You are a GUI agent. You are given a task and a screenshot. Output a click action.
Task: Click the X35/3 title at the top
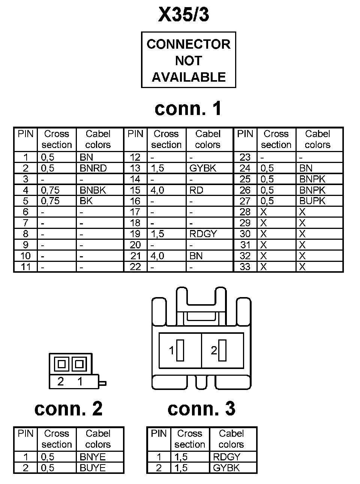183,15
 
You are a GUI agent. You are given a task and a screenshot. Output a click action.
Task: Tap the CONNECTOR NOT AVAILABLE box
188,60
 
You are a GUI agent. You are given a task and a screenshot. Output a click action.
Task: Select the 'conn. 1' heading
188,109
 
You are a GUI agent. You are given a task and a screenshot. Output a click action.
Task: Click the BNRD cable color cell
93,168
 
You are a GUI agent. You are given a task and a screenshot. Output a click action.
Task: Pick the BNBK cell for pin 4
93,190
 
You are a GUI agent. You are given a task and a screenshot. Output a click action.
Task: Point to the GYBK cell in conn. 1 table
203,168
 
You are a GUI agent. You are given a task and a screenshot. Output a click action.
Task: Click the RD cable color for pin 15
196,190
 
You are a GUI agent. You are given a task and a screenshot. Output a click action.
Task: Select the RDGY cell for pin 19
203,234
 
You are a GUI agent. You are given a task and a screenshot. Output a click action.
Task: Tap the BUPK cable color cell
312,201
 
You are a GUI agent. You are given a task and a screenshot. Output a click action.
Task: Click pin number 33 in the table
245,267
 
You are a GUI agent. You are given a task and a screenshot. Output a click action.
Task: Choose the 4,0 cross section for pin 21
157,256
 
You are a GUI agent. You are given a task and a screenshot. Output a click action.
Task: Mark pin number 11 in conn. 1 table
25,267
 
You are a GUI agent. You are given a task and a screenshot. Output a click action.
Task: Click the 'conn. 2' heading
68,409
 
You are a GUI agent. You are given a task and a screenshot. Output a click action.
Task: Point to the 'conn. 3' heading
201,409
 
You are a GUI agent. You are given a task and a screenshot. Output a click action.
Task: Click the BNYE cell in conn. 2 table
93,457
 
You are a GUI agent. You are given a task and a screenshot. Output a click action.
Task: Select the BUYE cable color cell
93,468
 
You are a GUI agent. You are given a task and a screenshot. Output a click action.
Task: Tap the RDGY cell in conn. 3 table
226,457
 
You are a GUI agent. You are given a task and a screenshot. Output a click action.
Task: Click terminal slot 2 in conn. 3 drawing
222,350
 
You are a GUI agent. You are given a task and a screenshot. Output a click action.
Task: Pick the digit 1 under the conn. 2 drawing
80,382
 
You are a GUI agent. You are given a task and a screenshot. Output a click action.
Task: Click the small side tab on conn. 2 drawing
102,383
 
